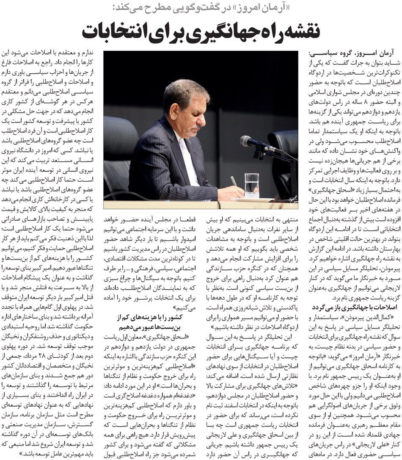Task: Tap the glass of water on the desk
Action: click(x=251, y=185)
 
